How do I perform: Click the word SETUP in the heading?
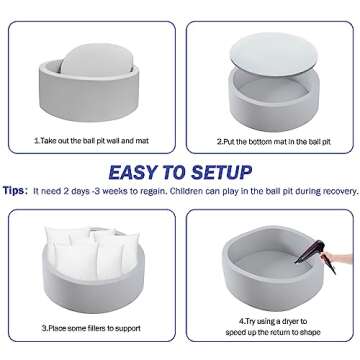coord(222,173)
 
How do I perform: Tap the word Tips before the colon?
coord(13,191)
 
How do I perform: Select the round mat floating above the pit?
coord(274,54)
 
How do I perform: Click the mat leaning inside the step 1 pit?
coord(97,60)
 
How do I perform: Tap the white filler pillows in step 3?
coord(92,252)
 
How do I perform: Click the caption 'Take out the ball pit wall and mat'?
coord(91,141)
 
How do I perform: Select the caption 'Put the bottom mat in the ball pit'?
coord(274,142)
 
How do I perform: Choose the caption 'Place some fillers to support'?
coord(91,328)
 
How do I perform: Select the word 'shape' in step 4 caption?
coord(309,332)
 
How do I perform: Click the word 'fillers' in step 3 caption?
coord(94,328)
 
